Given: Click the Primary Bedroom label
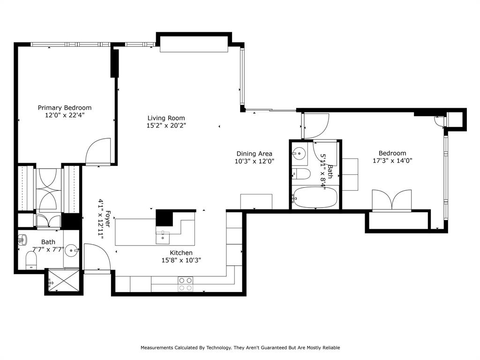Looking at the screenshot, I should tap(65, 108).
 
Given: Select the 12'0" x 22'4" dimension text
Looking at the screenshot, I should tap(65, 115).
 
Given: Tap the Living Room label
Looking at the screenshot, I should tap(166, 118).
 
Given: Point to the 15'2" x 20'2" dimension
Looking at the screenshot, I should tap(166, 126).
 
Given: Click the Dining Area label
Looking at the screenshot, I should tap(254, 154).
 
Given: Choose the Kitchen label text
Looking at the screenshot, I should tap(181, 253).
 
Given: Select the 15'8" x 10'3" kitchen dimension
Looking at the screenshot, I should tap(181, 261).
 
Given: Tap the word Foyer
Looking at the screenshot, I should tap(107, 218).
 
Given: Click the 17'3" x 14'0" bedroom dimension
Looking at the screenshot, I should tap(392, 160).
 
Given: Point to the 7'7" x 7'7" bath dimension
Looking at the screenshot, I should tap(48, 249).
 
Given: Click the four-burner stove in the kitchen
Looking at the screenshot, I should tap(186, 284).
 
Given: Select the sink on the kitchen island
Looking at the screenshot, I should tap(163, 236).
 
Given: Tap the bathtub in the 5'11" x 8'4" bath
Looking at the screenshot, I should tap(314, 198).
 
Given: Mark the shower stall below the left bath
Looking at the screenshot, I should tap(64, 281).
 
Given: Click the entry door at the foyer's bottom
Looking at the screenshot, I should tap(97, 258).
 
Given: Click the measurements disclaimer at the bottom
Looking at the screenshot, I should tap(240, 348).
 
